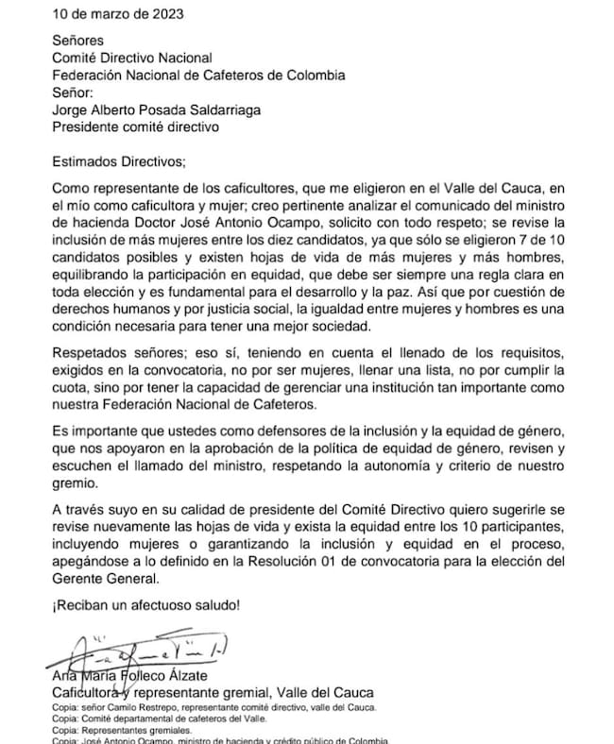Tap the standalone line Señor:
[74, 93]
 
